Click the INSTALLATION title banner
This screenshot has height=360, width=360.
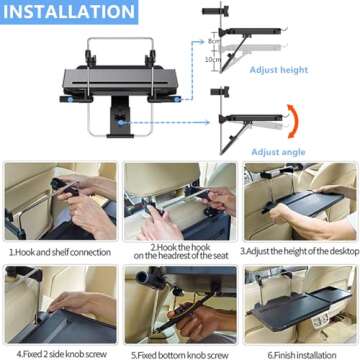coord(68,13)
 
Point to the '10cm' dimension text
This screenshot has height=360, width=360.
coord(229,59)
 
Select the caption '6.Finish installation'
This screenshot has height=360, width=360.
coord(299,352)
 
